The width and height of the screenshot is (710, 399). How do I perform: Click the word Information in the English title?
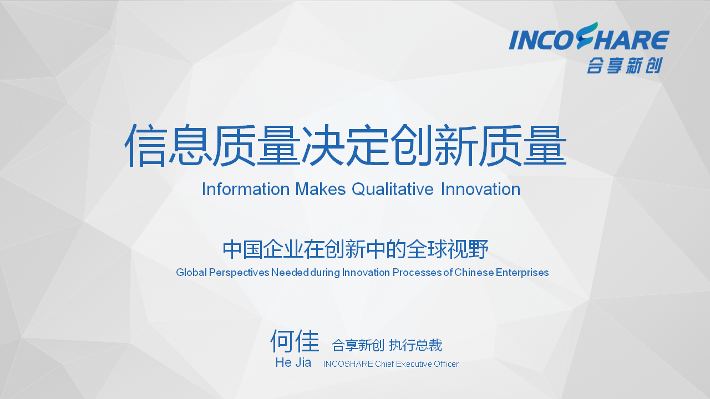point(246,190)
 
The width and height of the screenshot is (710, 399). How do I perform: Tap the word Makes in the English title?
point(320,190)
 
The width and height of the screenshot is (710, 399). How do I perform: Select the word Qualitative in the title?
point(392,190)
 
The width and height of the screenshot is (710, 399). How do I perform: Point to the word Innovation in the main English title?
point(480,190)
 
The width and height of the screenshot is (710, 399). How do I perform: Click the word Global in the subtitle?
point(191,272)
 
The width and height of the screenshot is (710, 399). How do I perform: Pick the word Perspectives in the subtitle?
point(239,273)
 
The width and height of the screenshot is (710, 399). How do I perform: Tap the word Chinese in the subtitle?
point(474,272)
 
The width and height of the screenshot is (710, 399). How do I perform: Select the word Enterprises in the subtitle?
point(522,273)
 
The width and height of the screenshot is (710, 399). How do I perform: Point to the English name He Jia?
point(293,362)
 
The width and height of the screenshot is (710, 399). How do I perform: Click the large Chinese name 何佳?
point(295,341)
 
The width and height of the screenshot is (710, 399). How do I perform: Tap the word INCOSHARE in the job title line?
point(348,364)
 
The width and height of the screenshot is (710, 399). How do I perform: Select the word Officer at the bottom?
point(446,364)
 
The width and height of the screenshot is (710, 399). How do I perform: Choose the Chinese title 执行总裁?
point(415,345)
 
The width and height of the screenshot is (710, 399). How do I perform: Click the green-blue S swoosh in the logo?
point(587,35)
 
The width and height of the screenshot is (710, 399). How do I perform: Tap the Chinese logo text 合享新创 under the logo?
point(625,65)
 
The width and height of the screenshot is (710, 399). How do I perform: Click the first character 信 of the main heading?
point(146,146)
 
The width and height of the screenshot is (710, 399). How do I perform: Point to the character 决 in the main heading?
point(323,146)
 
